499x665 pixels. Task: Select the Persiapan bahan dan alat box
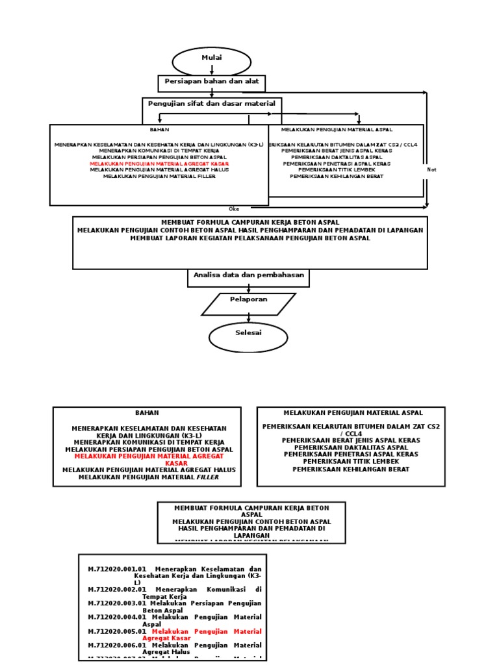(212, 83)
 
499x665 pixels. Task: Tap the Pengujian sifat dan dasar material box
(212, 105)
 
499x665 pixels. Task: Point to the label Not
(431, 169)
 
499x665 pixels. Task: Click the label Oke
(234, 209)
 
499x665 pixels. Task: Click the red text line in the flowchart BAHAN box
(159, 164)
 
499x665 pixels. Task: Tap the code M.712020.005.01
(117, 631)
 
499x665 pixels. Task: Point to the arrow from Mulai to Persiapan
(212, 70)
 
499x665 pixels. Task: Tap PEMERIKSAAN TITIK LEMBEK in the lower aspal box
(351, 461)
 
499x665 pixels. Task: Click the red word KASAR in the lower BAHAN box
(175, 464)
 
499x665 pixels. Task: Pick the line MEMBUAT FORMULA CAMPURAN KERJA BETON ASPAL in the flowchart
(250, 221)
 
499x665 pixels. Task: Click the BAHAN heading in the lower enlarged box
(147, 412)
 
